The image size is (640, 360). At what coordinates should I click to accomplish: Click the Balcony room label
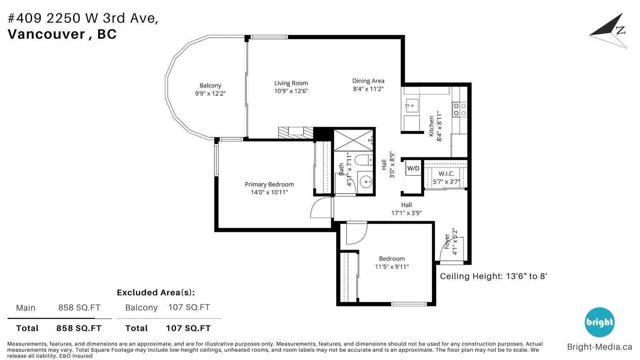210,86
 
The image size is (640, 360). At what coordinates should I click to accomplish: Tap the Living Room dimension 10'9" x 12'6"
291,91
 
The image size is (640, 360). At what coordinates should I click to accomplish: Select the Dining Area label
368,81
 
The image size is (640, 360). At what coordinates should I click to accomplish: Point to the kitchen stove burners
460,110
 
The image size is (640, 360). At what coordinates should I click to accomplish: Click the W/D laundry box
413,168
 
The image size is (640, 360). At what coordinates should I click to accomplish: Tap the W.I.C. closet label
446,174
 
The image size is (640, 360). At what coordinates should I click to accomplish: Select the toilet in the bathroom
364,160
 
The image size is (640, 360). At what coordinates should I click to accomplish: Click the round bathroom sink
366,181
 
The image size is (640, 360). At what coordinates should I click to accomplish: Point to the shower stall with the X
354,140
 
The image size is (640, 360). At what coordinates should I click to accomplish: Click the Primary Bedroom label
269,184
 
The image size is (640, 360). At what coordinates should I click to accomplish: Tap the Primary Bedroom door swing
322,208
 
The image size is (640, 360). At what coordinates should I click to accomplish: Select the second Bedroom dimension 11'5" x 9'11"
392,266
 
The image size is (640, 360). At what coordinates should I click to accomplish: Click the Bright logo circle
600,322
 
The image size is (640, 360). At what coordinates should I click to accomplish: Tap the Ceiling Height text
493,276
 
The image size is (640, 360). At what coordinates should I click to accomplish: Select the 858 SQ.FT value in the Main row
80,308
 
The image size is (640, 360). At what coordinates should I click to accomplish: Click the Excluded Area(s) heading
156,292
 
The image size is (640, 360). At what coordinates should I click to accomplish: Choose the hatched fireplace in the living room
296,133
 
